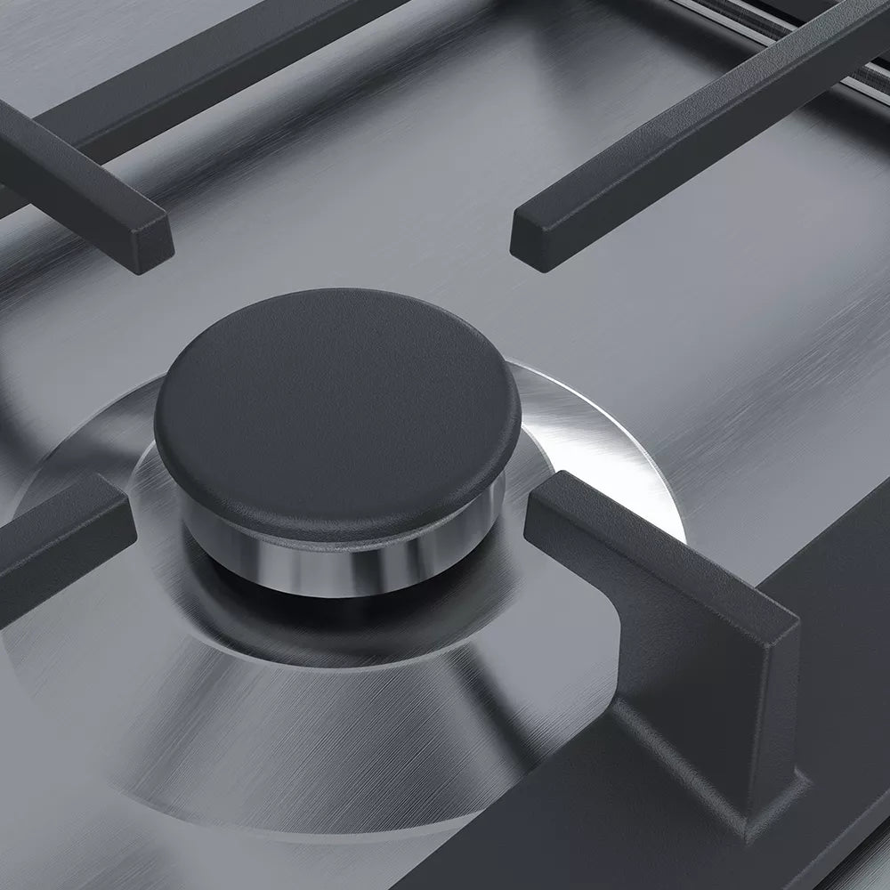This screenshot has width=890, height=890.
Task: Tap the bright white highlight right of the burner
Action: click(x=578, y=445)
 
